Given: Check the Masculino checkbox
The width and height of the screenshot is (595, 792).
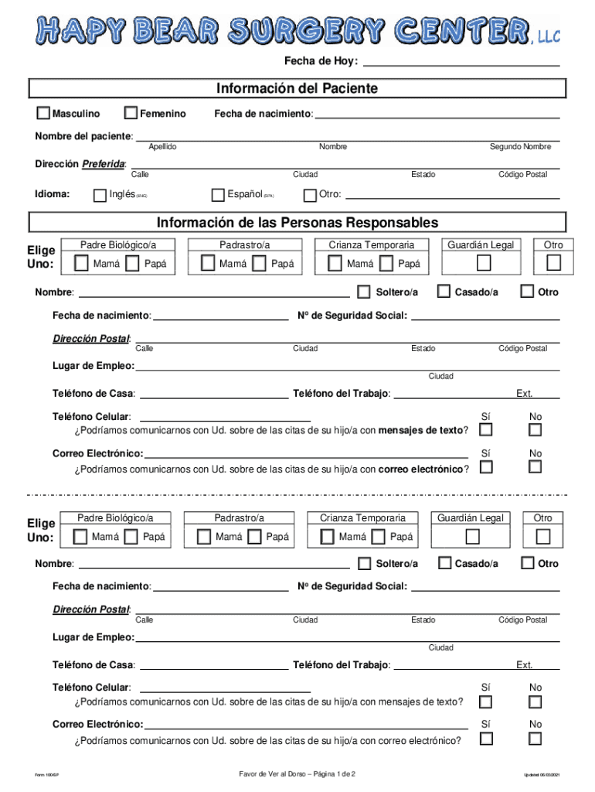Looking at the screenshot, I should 44,114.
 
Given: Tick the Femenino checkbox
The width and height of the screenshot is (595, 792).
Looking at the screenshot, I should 131,114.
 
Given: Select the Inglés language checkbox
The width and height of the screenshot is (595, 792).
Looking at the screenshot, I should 100,194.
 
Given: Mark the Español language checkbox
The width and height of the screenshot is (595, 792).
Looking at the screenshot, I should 218,194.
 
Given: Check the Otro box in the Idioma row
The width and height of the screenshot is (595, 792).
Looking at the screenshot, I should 310,194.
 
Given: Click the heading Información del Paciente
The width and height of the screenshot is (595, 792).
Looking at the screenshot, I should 297,88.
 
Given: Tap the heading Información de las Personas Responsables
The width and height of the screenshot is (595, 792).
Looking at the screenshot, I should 297,223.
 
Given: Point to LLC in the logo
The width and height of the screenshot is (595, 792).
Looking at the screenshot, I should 546,35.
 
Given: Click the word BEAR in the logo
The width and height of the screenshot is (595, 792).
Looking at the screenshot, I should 182,31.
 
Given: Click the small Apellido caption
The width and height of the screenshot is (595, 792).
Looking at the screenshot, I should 162,147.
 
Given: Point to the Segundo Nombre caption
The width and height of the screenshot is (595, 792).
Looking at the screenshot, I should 520,147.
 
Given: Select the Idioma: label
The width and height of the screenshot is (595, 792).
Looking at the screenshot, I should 53,194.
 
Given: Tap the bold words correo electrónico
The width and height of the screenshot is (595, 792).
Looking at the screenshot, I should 420,469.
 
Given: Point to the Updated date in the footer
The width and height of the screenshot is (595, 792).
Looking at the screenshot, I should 540,775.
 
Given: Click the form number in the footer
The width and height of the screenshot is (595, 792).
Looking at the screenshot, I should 47,775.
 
